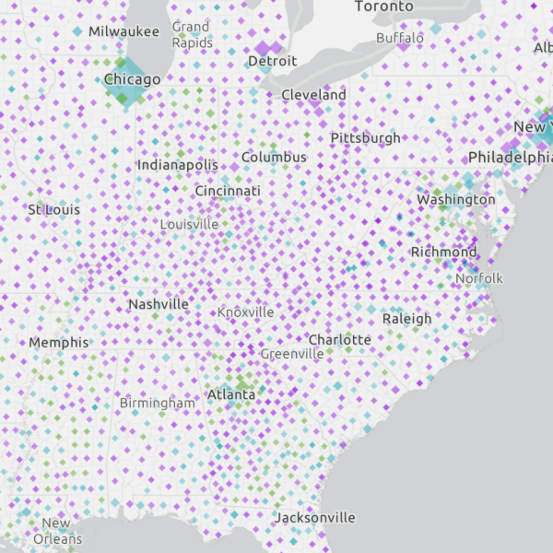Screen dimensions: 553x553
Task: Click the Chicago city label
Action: (x=132, y=79)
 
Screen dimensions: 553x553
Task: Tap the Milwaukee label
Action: (x=124, y=32)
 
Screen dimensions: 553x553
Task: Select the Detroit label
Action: (x=273, y=61)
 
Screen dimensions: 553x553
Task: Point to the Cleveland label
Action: (x=314, y=95)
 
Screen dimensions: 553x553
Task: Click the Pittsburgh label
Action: (x=366, y=138)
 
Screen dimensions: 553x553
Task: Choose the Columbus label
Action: (x=274, y=158)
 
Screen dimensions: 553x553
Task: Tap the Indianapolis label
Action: (x=178, y=165)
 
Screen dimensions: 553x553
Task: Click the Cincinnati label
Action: (x=228, y=191)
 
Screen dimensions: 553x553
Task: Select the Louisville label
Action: (x=190, y=224)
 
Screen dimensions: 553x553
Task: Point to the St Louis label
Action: (x=54, y=210)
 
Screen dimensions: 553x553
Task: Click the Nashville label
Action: (x=159, y=304)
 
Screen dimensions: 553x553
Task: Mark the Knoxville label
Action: (x=246, y=312)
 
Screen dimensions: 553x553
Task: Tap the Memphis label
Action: (x=59, y=343)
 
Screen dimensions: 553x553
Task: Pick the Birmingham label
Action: (x=158, y=403)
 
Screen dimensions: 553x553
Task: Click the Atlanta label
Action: (x=231, y=394)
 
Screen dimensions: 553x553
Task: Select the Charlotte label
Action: (x=340, y=340)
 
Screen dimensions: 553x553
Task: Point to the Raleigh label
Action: (x=406, y=319)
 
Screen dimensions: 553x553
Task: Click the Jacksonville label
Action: (x=314, y=518)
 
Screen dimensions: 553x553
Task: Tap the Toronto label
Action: (x=384, y=6)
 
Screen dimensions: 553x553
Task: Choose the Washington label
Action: (x=456, y=200)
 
